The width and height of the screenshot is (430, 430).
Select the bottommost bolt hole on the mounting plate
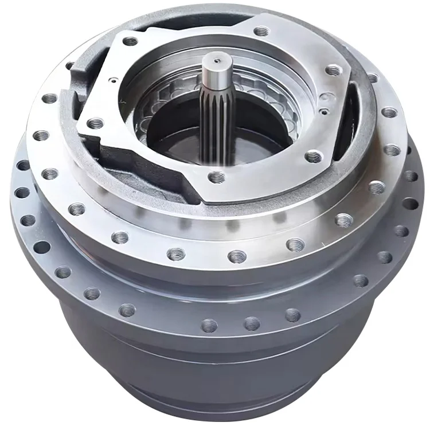tap(216, 177)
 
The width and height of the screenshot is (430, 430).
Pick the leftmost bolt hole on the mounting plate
tap(95, 123)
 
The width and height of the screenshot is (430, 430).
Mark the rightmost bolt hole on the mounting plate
tap(334, 70)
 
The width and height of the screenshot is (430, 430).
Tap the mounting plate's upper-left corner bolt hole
tap(130, 41)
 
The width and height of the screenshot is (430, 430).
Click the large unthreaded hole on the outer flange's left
tap(42, 247)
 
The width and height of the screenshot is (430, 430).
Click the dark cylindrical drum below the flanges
tap(218, 361)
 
